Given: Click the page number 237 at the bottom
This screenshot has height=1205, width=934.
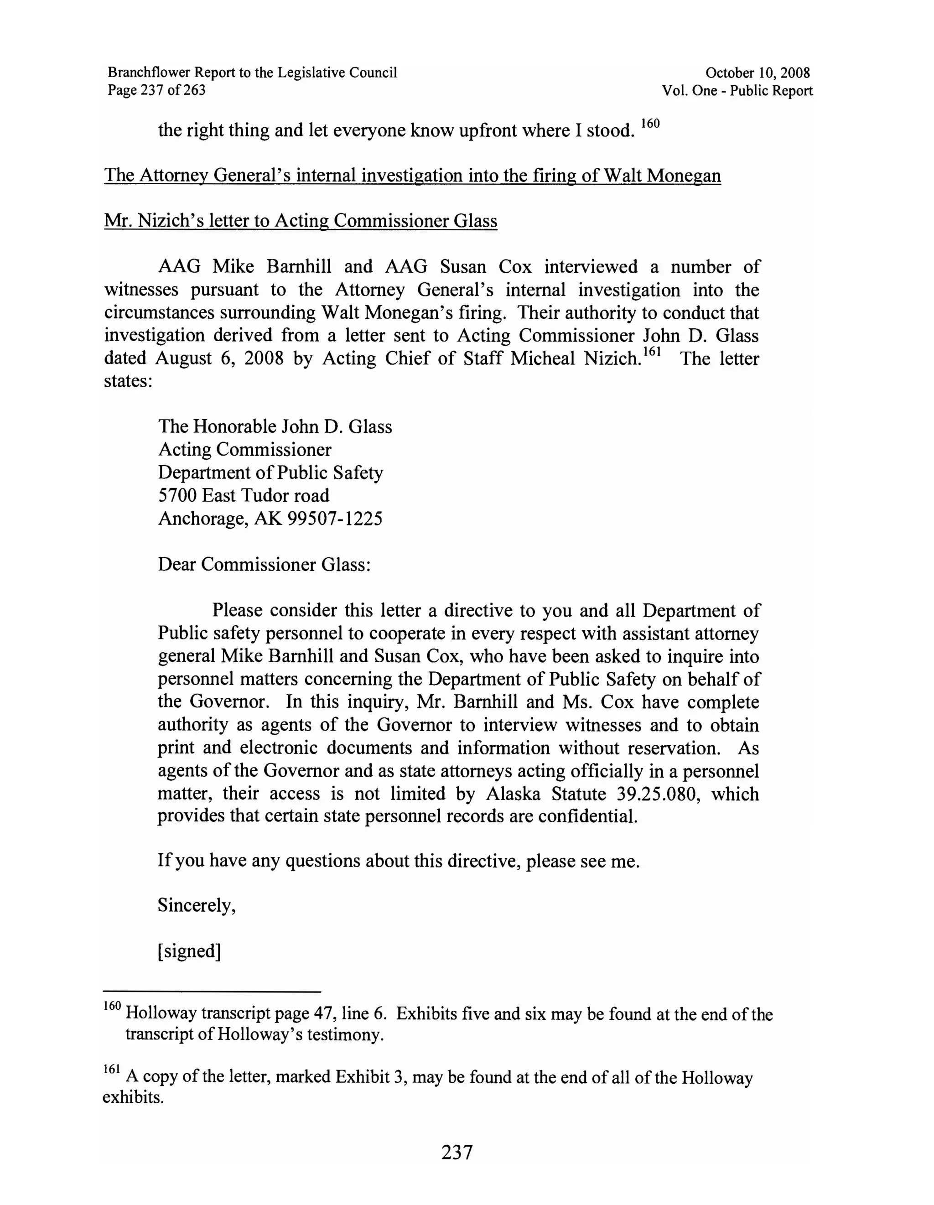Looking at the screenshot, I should click(457, 1152).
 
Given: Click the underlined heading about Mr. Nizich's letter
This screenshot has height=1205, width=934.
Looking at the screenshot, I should click(301, 221).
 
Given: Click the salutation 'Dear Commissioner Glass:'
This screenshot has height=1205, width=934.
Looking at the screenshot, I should click(264, 565).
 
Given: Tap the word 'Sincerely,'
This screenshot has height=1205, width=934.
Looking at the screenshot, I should click(197, 905).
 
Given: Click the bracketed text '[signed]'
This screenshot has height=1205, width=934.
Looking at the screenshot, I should click(189, 951).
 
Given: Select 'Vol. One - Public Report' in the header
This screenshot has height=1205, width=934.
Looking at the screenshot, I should click(737, 90).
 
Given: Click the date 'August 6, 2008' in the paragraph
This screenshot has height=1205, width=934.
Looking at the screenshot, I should click(219, 358).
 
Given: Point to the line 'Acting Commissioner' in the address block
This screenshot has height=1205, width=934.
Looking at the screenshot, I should click(244, 450).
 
